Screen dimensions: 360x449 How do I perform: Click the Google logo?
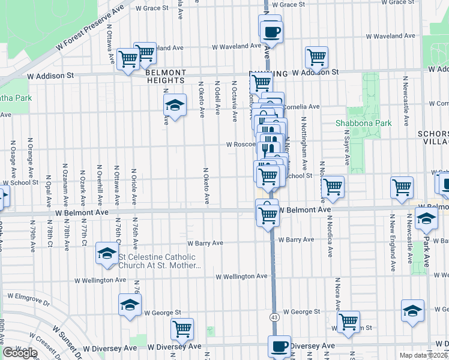click(x=20, y=352)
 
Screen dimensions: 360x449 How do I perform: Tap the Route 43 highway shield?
click(x=274, y=317)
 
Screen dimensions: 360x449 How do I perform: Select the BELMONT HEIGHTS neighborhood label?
click(x=166, y=76)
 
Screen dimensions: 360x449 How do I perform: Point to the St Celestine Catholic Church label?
click(x=159, y=262)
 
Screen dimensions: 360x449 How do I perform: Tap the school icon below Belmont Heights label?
click(x=175, y=106)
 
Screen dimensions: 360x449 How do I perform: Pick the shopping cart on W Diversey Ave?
click(x=182, y=328)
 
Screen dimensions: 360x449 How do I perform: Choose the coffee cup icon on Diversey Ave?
click(x=279, y=346)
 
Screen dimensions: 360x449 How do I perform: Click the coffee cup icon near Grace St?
click(x=272, y=31)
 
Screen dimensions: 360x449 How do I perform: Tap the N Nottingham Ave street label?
click(x=304, y=143)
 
